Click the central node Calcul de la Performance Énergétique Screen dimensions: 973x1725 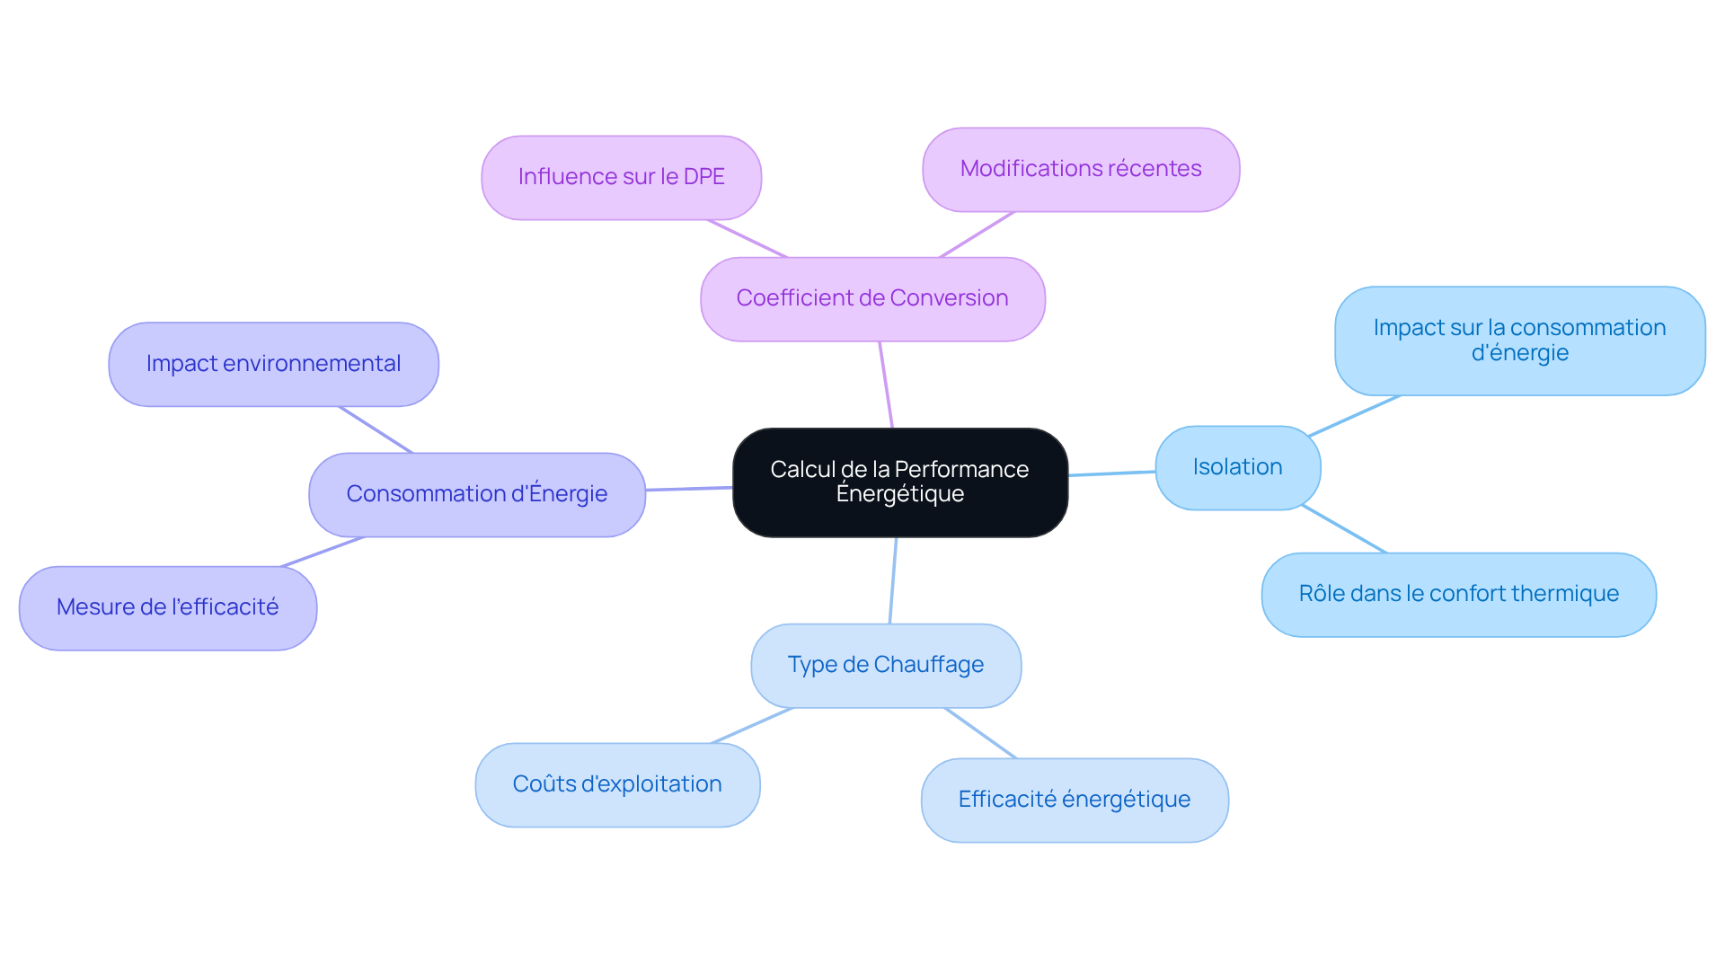click(x=899, y=482)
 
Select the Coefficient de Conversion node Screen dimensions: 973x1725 click(x=871, y=299)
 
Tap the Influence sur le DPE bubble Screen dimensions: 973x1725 click(x=621, y=178)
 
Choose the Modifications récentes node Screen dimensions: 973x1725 click(x=1080, y=170)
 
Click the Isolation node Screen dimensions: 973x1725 click(x=1237, y=468)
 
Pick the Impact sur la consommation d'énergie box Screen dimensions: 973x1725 click(x=1519, y=341)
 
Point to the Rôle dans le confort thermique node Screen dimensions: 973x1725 click(x=1458, y=595)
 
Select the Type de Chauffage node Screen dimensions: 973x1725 click(x=885, y=666)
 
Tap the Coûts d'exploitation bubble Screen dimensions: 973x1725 click(x=617, y=785)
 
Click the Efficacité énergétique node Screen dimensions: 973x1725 click(x=1074, y=801)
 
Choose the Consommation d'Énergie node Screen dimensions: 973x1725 click(x=476, y=495)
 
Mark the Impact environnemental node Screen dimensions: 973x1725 click(x=273, y=365)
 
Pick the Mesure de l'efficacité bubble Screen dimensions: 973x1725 click(x=167, y=608)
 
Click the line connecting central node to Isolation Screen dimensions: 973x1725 click(x=1111, y=473)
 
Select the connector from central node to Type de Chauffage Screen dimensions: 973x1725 click(x=893, y=580)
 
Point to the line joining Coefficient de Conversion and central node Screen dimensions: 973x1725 click(x=886, y=385)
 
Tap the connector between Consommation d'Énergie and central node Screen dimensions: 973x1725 click(x=689, y=489)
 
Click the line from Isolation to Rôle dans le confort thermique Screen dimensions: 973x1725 click(x=1344, y=529)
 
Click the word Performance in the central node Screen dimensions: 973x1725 click(x=961, y=470)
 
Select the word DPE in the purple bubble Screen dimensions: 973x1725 click(x=703, y=177)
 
